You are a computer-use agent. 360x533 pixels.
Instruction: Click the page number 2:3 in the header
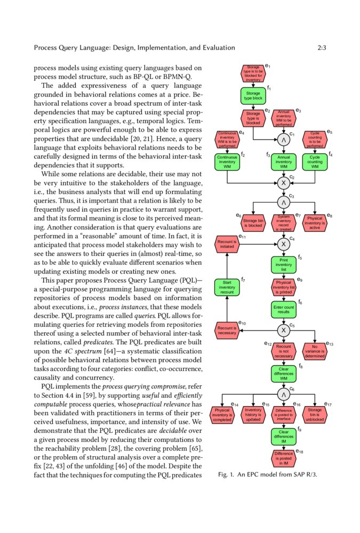[322, 48]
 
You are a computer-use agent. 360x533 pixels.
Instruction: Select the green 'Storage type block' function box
[253, 96]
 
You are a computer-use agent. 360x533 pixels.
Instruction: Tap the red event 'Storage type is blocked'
[253, 118]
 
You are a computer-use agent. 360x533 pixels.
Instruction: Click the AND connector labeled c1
[284, 140]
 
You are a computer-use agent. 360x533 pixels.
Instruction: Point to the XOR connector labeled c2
[284, 182]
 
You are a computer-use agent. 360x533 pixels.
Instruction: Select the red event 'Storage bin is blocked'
[253, 223]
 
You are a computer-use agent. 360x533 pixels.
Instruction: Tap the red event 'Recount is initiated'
[227, 244]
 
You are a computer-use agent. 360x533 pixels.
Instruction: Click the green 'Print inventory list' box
[284, 265]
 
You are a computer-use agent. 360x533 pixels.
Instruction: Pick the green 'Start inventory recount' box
[227, 287]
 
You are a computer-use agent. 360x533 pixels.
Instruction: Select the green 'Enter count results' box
[284, 310]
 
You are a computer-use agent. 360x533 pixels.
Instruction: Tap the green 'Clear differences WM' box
[284, 373]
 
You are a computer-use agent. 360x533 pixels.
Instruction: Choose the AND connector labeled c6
[284, 394]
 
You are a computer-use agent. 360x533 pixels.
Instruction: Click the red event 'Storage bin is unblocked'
[315, 415]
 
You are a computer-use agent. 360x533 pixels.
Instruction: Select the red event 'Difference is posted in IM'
[284, 457]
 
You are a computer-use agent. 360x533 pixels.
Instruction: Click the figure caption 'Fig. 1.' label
[227, 475]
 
